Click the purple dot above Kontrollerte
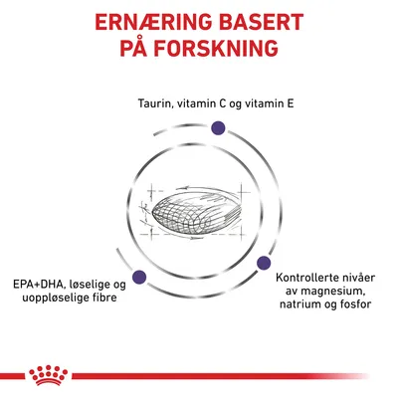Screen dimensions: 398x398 click(x=265, y=264)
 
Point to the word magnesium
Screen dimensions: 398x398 click(x=319, y=302)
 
